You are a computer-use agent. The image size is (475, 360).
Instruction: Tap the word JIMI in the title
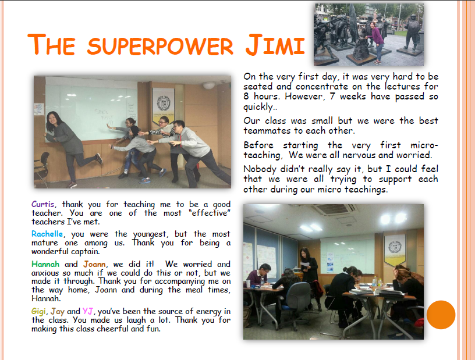point(275,45)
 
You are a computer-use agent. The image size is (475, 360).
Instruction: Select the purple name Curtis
point(42,204)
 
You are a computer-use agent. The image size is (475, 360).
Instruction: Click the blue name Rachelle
point(47,234)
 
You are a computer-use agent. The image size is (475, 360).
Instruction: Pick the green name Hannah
point(45,264)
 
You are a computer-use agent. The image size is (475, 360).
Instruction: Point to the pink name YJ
point(87,311)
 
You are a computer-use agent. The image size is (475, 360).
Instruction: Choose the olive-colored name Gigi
point(39,312)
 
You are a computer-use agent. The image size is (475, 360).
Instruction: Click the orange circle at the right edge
point(441,315)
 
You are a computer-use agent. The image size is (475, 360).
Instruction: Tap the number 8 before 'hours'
point(246,97)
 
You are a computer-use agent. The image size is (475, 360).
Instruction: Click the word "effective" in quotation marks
point(210,213)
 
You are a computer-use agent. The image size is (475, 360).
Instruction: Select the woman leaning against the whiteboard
point(70,146)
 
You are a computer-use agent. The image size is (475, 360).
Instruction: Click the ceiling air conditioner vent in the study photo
point(336,209)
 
